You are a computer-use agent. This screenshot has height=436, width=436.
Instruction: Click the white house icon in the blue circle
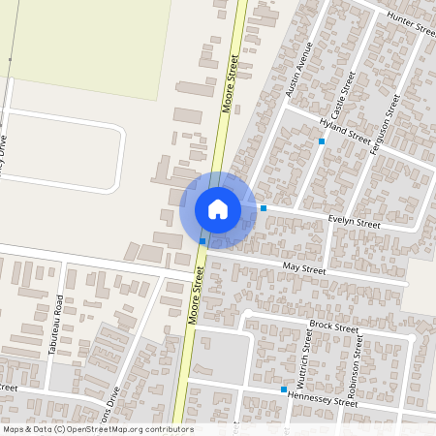[x=217, y=209]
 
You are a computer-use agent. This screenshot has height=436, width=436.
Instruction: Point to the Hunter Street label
[x=411, y=23]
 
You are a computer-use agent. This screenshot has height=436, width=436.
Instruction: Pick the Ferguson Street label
[x=387, y=122]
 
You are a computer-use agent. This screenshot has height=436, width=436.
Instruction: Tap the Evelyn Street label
[x=355, y=222]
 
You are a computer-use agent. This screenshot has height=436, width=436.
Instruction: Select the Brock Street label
[x=333, y=327]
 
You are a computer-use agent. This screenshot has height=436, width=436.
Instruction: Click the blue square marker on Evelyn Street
[x=264, y=208]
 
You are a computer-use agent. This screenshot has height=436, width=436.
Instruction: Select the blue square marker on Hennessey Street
[x=284, y=389]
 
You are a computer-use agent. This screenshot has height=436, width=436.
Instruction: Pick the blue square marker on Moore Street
[x=202, y=240]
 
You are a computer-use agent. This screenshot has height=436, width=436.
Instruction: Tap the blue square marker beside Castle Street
[x=322, y=141]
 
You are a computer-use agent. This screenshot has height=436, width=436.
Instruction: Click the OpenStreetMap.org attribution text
[x=97, y=429]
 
